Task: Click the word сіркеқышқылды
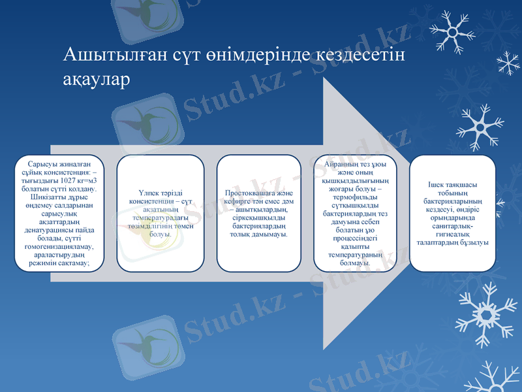click(x=258, y=218)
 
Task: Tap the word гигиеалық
click(x=452, y=234)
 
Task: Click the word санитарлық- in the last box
click(x=452, y=225)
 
